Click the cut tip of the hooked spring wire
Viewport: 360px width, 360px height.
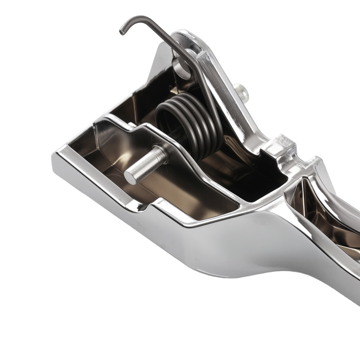coord(121,33)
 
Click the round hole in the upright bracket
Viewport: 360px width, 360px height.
coord(182,67)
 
